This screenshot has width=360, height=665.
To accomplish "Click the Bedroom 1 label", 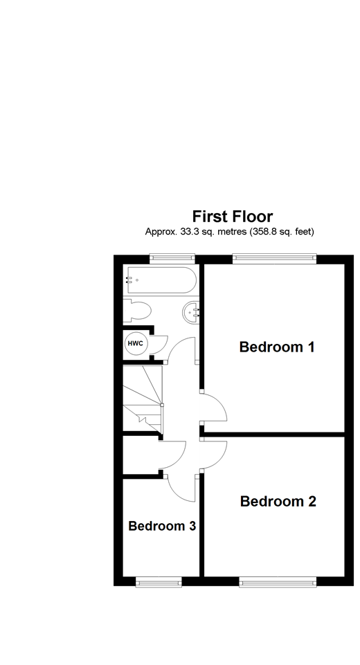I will (277, 347).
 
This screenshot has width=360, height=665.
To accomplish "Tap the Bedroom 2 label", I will (278, 501).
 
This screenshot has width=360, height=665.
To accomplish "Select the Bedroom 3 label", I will (162, 526).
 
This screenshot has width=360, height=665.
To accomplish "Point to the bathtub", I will (161, 280).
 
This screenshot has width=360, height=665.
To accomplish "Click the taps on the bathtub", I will (129, 280).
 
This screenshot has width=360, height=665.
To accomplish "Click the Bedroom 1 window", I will (274, 258).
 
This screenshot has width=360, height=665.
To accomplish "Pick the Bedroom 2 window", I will (277, 582).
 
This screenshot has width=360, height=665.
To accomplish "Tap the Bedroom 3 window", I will (158, 582).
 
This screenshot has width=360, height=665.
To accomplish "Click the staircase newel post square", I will (162, 404).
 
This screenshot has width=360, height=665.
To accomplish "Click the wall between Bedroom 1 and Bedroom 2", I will (274, 434).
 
